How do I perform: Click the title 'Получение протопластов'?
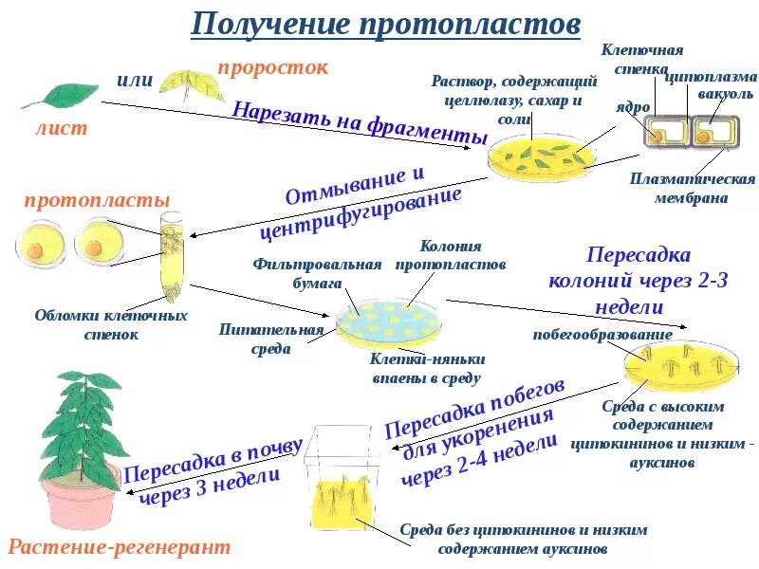(x=385, y=24)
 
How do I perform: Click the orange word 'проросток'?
(x=273, y=67)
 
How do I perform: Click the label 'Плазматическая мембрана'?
(x=692, y=189)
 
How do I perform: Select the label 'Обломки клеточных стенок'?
(x=111, y=324)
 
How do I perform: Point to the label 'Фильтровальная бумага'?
(x=317, y=273)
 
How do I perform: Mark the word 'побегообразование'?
(x=602, y=334)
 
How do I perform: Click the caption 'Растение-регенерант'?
(x=120, y=548)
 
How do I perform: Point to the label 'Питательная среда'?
(x=271, y=339)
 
